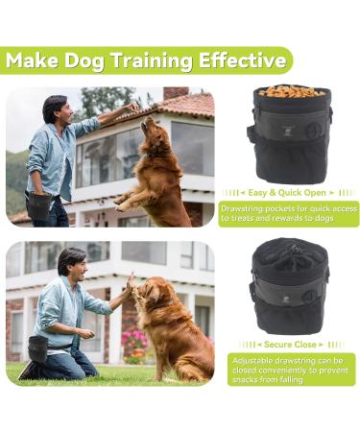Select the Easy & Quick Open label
[288, 192]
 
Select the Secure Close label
[288, 344]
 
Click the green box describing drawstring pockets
[288, 213]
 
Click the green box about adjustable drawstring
[288, 369]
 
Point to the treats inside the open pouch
[291, 92]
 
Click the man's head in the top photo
[55, 108]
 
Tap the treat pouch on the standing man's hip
[39, 203]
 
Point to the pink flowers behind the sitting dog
[133, 341]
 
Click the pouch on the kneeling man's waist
[38, 348]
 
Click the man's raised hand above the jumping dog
[131, 108]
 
